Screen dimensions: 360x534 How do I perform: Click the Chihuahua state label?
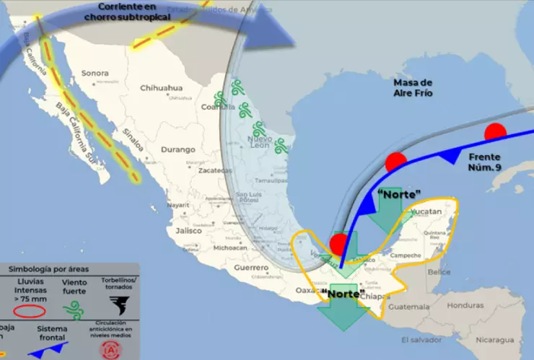[x=161, y=88]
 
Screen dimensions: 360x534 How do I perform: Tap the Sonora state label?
[x=95, y=73]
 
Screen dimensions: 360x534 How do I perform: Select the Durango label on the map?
[x=179, y=149]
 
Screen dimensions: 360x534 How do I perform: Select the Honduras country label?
[x=465, y=304]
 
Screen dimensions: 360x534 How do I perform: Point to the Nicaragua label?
[x=498, y=339]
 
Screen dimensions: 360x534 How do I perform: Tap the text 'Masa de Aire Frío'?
[x=413, y=87]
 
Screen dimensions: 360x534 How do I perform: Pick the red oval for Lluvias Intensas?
[x=30, y=311]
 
